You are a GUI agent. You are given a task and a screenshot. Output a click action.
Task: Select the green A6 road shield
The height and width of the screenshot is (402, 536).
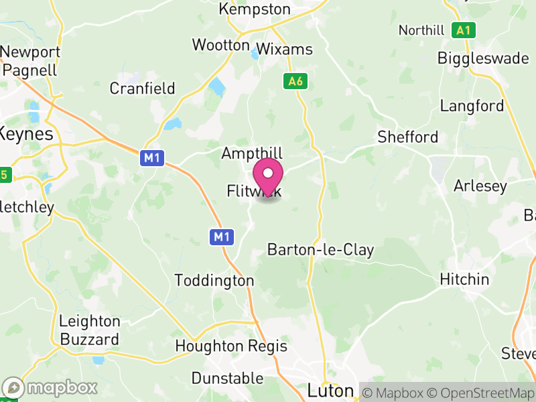tap(295, 81)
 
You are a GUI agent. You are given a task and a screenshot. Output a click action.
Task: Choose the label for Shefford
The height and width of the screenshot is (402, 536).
tap(407, 137)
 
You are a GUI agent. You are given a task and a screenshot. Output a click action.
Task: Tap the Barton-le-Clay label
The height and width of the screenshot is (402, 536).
tap(320, 250)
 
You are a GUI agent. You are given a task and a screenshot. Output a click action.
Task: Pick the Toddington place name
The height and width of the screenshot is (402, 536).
tap(214, 281)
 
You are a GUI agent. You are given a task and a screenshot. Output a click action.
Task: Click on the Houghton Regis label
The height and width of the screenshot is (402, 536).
tap(230, 346)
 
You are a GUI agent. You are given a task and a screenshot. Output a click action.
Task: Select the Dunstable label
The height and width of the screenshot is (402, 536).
tap(227, 379)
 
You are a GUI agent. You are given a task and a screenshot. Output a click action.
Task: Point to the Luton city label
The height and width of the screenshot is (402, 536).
tap(330, 390)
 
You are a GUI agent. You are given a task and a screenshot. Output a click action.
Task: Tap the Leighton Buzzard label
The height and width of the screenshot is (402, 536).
tap(89, 330)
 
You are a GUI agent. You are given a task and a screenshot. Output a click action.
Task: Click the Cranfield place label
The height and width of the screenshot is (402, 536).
tap(142, 88)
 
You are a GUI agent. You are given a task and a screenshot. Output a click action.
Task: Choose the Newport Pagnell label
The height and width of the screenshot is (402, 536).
tap(31, 60)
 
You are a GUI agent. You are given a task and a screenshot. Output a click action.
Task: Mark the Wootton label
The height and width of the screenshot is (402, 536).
tap(220, 45)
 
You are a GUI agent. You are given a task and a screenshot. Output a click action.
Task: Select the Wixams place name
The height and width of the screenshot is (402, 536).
tap(285, 50)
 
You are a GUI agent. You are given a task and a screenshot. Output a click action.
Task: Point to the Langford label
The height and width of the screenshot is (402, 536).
tap(472, 106)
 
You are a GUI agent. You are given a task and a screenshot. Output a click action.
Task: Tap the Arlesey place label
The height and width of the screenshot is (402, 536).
tap(480, 186)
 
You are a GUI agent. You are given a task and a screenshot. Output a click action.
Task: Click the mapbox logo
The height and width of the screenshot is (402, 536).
tap(50, 388)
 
